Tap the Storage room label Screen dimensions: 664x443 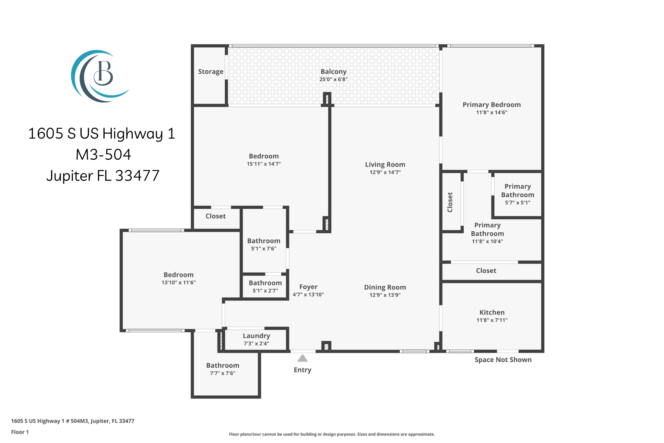[211, 72]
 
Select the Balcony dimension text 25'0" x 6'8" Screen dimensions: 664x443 [334, 80]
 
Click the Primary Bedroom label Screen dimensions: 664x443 [492, 105]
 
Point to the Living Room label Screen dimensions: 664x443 [385, 165]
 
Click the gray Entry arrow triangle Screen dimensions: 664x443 [302, 358]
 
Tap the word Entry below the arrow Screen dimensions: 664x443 [302, 370]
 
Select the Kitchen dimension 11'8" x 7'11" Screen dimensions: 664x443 [492, 320]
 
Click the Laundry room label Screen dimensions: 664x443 [256, 336]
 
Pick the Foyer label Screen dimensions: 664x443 [308, 287]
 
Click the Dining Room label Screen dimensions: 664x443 [385, 287]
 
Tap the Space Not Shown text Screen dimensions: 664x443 [503, 360]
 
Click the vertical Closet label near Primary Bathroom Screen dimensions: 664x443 [450, 202]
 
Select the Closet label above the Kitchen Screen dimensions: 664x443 [486, 271]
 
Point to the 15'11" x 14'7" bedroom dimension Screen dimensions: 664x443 [264, 164]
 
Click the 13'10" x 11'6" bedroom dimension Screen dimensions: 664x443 [179, 283]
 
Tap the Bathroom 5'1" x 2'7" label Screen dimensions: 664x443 [265, 287]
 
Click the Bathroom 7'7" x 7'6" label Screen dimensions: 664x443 [223, 369]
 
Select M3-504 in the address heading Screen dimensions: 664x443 [103, 154]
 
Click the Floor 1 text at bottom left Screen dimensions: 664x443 [20, 432]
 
